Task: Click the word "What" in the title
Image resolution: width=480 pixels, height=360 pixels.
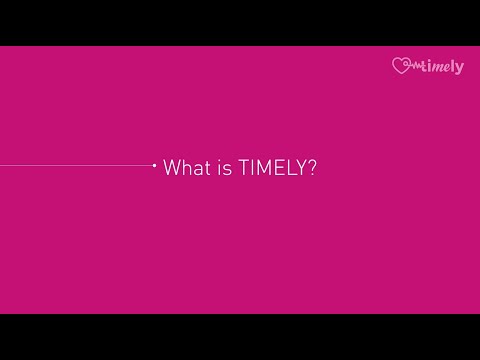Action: pos(185,168)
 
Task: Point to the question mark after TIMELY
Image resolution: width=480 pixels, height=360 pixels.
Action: pos(314,168)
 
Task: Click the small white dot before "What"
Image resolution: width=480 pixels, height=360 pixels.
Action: pos(153,165)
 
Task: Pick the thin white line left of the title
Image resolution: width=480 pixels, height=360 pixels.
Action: pos(75,165)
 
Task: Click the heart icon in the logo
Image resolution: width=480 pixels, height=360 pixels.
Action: pos(402,67)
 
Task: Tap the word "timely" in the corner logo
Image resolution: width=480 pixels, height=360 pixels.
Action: pos(443,67)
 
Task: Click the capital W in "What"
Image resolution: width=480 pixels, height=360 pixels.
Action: pos(171,168)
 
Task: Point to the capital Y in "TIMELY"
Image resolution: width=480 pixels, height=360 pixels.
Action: pos(302,168)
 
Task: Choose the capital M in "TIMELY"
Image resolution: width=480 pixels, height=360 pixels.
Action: pos(262,168)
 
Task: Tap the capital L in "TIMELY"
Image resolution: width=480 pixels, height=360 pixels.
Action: pos(291,168)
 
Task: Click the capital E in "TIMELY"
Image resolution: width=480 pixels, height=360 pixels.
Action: pos(278,168)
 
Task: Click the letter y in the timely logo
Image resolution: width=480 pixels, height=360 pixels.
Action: pos(459,69)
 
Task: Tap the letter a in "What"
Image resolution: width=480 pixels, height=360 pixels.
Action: pos(195,169)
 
